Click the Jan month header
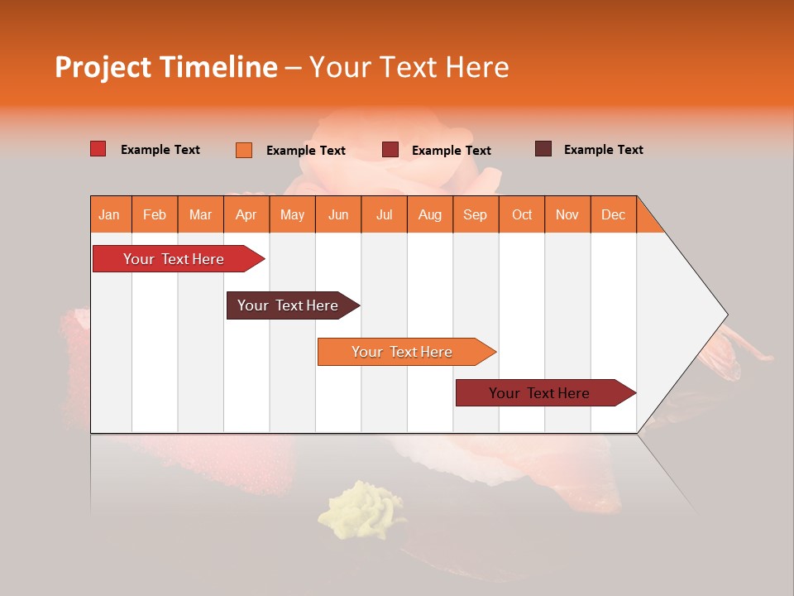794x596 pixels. [x=109, y=214]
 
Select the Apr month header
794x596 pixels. [x=246, y=214]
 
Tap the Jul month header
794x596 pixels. [x=384, y=214]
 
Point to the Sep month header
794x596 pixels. [x=475, y=214]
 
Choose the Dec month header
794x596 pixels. [x=613, y=214]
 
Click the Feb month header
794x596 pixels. [x=155, y=214]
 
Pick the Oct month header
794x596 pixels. [x=522, y=214]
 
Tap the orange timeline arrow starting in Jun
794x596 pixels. [x=404, y=352]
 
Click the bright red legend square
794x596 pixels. [x=98, y=149]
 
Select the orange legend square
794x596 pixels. [x=244, y=150]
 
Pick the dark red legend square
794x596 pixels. [x=390, y=150]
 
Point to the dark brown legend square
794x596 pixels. [x=543, y=149]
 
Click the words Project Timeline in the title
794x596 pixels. [x=165, y=67]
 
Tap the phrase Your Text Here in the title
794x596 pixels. [x=409, y=67]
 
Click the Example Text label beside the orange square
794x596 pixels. [x=305, y=151]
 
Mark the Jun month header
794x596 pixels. [x=338, y=214]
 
